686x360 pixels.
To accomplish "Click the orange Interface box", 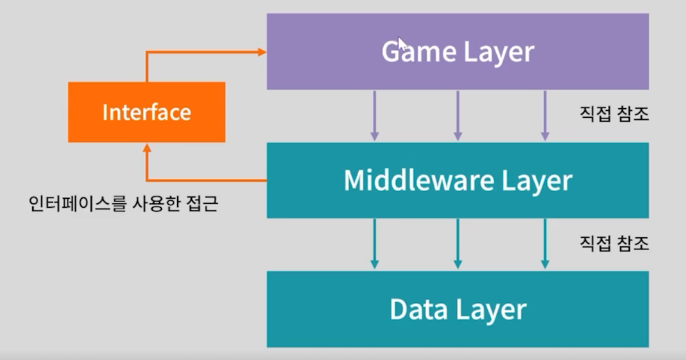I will (x=147, y=112).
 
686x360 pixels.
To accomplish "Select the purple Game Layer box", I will (x=457, y=52).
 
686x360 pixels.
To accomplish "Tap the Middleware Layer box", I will (x=457, y=180).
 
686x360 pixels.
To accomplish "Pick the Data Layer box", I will (x=457, y=309).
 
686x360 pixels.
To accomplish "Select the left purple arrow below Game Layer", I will (x=374, y=116).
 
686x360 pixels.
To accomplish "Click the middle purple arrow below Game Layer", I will (x=458, y=116).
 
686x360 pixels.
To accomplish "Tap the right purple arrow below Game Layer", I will (x=545, y=116).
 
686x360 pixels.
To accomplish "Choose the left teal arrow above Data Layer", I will (x=374, y=244).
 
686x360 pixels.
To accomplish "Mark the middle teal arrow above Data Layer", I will (x=458, y=244).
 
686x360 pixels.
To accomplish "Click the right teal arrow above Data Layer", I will (x=545, y=244).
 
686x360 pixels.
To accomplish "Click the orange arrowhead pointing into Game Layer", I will (x=262, y=52).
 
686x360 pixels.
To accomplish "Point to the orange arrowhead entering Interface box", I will (x=147, y=147).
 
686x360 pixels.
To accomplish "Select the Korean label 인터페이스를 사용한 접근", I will (x=123, y=203).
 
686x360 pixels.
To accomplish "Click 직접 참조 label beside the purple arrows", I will (x=614, y=114).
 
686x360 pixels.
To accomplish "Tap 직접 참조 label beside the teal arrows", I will (x=614, y=243).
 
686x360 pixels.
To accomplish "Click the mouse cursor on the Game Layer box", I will (x=401, y=43).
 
